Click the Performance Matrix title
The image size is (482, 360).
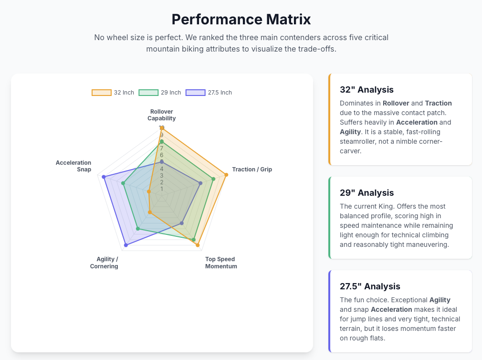coord(241,20)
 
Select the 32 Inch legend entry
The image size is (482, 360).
coord(113,93)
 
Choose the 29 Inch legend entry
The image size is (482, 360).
coord(160,93)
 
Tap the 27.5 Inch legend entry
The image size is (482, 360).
coord(209,93)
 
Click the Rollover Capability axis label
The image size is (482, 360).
coord(161,115)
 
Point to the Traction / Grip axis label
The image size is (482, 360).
coord(252,169)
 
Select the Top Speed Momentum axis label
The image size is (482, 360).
coord(221,263)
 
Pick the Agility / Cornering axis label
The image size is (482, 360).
coord(104,263)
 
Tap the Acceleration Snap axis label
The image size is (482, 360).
coord(73,166)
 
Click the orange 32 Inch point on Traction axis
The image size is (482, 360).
coord(226,175)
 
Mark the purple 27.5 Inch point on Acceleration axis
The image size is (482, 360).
coord(104,177)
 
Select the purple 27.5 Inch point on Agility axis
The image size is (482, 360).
coord(126,245)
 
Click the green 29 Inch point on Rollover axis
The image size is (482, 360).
coord(162,141)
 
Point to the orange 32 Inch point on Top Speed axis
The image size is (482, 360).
coord(197,245)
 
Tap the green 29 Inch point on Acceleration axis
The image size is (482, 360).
coord(123,183)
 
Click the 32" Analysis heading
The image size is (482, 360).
coord(367,90)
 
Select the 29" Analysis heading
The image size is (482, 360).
coord(367,193)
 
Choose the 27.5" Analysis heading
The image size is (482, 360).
coord(370,286)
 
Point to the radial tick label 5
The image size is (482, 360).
coord(162,162)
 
